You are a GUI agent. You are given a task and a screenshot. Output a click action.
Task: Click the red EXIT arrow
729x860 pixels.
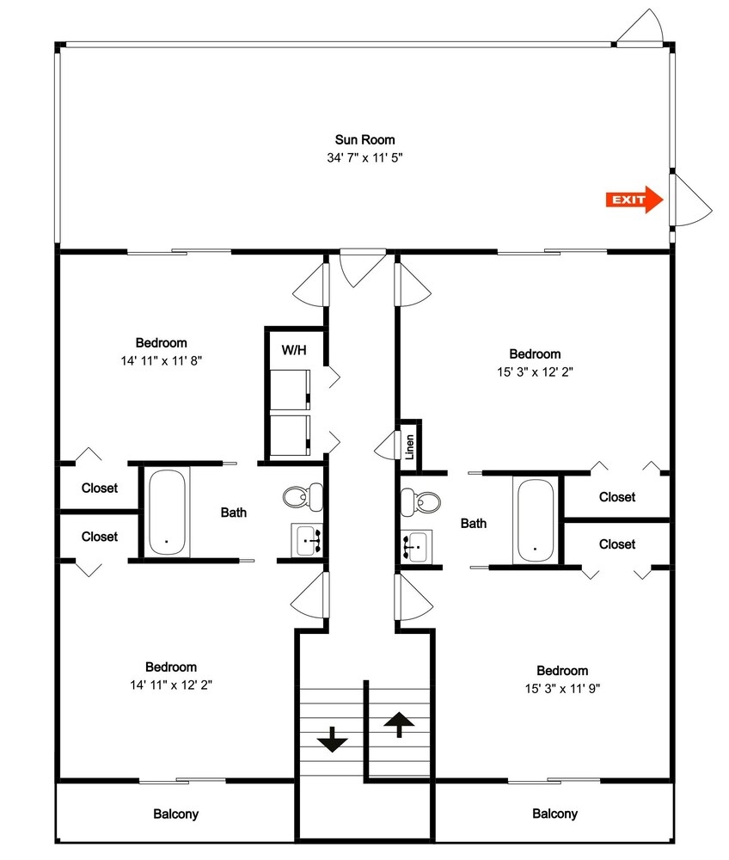point(634,200)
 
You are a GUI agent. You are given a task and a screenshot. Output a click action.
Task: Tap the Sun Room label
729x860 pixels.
point(365,140)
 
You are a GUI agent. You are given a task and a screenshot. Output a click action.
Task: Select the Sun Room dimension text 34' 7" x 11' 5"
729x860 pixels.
point(365,158)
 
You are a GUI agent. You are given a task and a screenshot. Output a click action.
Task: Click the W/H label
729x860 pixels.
point(294,350)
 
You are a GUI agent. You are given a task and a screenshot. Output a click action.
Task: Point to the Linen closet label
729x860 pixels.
point(409,447)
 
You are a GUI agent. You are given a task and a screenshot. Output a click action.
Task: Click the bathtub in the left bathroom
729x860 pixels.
point(167,512)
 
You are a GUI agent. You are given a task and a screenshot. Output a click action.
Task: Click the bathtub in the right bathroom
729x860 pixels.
point(536,520)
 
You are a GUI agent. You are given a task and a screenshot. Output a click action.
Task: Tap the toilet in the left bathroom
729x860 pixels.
point(303,496)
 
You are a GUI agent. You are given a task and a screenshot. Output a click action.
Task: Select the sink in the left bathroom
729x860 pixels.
point(306,540)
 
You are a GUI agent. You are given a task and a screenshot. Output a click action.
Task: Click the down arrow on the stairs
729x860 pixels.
point(332,740)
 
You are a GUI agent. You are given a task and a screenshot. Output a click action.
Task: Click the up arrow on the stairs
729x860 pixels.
point(399,724)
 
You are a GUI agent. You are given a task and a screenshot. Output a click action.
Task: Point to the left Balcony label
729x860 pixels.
point(176,814)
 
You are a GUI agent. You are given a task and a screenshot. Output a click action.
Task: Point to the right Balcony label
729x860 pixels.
point(554,814)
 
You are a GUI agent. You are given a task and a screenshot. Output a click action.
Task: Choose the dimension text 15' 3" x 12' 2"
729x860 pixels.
point(535,372)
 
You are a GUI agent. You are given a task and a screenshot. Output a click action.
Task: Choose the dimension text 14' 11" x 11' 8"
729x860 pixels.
point(162,361)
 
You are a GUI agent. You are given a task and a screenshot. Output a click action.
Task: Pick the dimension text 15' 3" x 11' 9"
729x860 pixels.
point(562,688)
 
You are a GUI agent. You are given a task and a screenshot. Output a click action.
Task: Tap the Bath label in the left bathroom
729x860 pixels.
point(234,513)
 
